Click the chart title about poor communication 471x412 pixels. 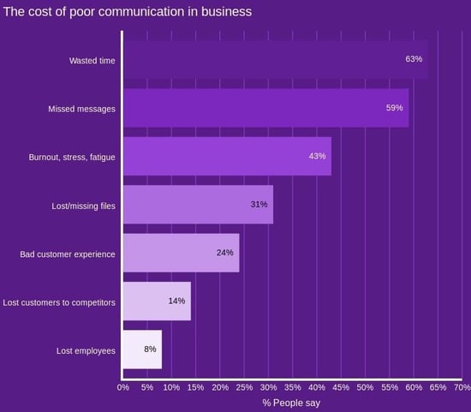pyautogui.click(x=128, y=12)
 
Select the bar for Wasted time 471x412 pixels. pyautogui.click(x=274, y=59)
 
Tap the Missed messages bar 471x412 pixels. pyautogui.click(x=265, y=108)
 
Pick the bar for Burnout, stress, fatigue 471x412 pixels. pyautogui.click(x=226, y=156)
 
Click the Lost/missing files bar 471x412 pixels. pyautogui.click(x=197, y=205)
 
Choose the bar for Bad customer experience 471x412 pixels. pyautogui.click(x=180, y=253)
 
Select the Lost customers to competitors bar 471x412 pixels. pyautogui.click(x=156, y=301)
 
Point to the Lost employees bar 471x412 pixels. pyautogui.click(x=141, y=349)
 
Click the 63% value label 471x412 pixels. pyautogui.click(x=414, y=59)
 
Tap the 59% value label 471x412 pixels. pyautogui.click(x=395, y=108)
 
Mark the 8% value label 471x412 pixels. pyautogui.click(x=151, y=349)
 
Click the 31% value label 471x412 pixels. pyautogui.click(x=259, y=205)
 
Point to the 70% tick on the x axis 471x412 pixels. pyautogui.click(x=462, y=388)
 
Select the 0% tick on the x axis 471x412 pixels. pyautogui.click(x=122, y=388)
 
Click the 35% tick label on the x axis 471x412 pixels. pyautogui.click(x=292, y=388)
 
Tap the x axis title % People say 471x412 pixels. pyautogui.click(x=291, y=403)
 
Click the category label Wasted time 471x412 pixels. pyautogui.click(x=92, y=60)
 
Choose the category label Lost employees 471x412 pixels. pyautogui.click(x=85, y=350)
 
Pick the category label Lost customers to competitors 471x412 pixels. pyautogui.click(x=59, y=302)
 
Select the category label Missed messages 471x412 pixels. pyautogui.click(x=81, y=109)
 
